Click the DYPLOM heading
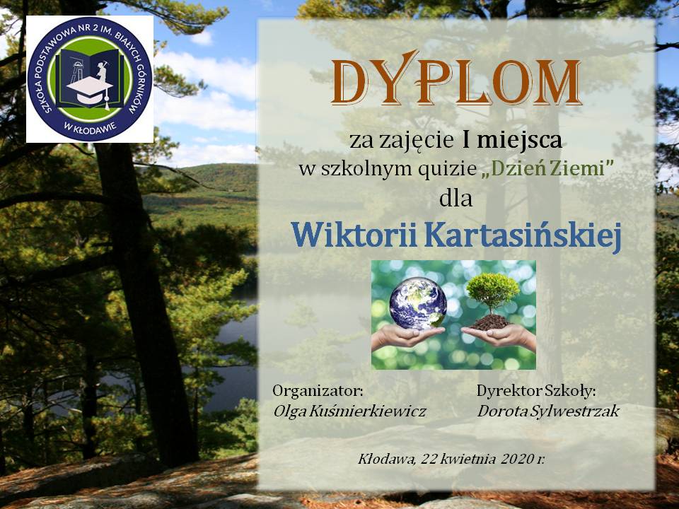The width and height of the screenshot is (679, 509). [455, 78]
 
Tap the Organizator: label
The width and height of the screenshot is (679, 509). [318, 392]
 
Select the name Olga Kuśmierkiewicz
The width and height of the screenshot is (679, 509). [349, 411]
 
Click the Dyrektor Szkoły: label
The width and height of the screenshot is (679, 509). [536, 392]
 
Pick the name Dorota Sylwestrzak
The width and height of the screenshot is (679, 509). [548, 411]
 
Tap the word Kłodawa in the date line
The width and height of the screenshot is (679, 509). [386, 459]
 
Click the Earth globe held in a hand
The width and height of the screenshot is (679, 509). [418, 303]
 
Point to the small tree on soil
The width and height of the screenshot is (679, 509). [493, 298]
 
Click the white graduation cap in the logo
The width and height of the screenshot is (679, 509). [90, 90]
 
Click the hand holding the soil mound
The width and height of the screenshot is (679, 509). [499, 336]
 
